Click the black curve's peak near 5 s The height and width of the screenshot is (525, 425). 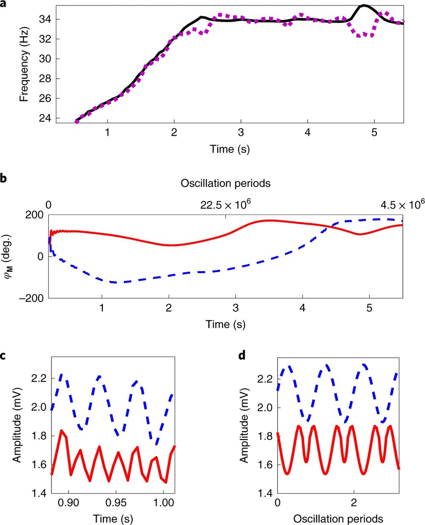(364, 6)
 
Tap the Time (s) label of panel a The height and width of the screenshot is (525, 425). (229, 149)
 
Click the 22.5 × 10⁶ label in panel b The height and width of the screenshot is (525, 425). (226, 205)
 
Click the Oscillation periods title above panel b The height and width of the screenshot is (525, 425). (226, 183)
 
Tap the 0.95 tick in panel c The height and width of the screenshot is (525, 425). (116, 503)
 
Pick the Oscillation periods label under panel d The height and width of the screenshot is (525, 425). (338, 519)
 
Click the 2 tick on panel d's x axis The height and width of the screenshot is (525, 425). (354, 503)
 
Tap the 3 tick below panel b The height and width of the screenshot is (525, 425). (235, 308)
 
